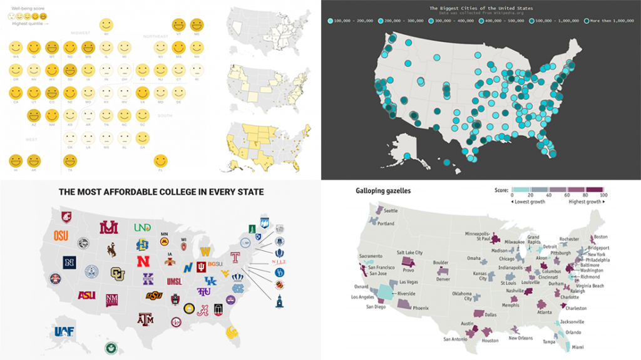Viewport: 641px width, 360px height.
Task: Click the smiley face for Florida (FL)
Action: [161, 160]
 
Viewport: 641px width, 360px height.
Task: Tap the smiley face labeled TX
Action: [70, 160]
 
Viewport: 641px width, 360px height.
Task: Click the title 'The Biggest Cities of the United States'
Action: [480, 8]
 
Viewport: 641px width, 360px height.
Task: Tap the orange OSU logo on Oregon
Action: [61, 236]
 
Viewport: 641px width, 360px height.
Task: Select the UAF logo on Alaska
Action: [64, 332]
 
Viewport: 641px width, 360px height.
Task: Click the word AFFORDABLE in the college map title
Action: [141, 192]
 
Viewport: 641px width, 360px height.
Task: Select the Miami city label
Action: [578, 347]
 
